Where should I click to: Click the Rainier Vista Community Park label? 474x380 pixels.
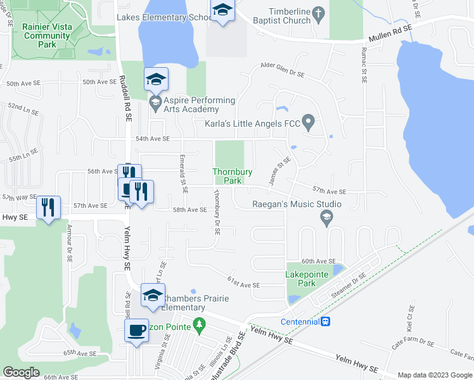[x=48, y=35]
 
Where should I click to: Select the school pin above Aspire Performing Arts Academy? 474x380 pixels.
[x=156, y=80]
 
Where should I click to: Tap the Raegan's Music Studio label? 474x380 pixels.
[x=297, y=204]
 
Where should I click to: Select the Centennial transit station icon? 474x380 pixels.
[x=325, y=321]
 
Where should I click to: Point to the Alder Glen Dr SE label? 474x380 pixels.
[x=283, y=70]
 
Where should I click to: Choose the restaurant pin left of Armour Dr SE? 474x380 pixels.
[x=49, y=207]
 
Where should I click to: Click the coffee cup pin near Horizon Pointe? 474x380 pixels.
[x=136, y=330]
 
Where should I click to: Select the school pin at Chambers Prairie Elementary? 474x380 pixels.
[x=152, y=294]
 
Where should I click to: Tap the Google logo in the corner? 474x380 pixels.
[x=22, y=372]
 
